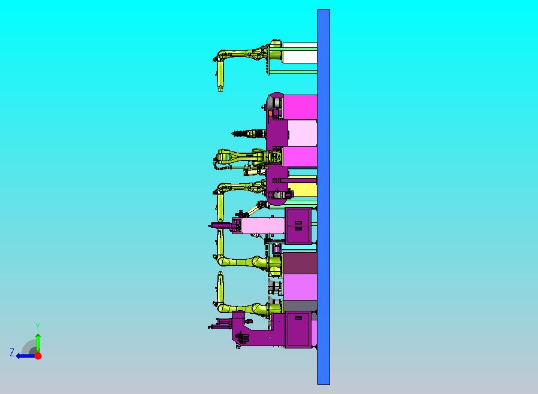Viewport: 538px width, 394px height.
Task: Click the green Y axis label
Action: click(x=38, y=326)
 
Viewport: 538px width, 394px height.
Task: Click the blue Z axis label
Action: click(x=12, y=352)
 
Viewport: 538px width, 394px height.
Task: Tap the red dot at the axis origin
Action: click(x=38, y=356)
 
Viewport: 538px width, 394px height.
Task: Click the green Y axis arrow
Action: click(x=38, y=343)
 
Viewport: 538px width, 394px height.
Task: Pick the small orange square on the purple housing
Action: click(x=270, y=113)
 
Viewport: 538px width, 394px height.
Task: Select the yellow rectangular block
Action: click(x=302, y=190)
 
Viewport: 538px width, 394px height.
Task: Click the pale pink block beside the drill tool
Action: click(x=303, y=133)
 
